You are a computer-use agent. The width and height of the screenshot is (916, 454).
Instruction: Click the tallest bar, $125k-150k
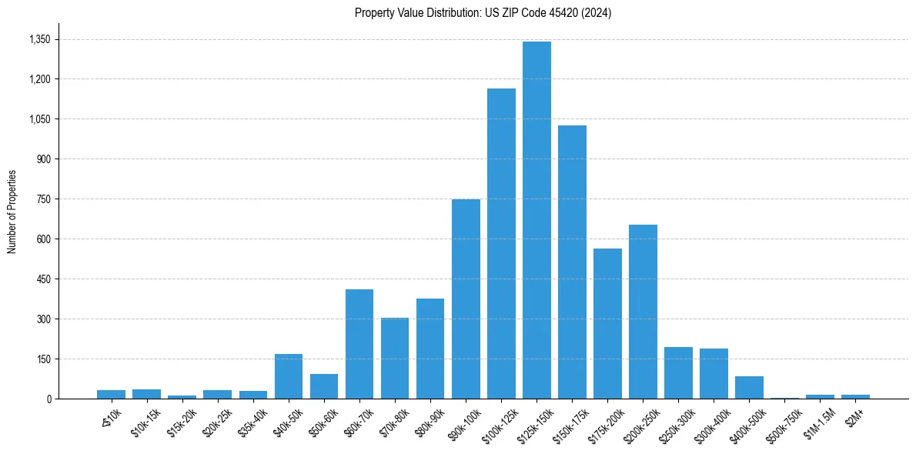[x=537, y=220]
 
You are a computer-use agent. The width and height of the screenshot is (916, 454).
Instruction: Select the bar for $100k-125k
[x=501, y=243]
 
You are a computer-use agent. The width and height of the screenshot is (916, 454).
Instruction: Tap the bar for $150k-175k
[x=572, y=262]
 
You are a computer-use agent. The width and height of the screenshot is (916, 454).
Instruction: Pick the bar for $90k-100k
[x=466, y=299]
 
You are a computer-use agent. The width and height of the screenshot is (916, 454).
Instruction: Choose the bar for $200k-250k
[x=643, y=312]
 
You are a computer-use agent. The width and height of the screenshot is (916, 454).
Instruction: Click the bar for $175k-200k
[x=607, y=323]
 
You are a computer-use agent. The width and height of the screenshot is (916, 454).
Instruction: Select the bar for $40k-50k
[x=289, y=376]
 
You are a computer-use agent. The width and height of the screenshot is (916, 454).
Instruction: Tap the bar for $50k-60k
[x=324, y=386]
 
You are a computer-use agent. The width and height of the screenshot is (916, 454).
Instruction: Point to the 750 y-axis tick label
[x=43, y=199]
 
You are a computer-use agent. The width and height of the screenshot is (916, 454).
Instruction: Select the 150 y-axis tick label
[x=43, y=359]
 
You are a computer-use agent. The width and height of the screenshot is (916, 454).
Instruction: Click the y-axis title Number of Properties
[x=12, y=212]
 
